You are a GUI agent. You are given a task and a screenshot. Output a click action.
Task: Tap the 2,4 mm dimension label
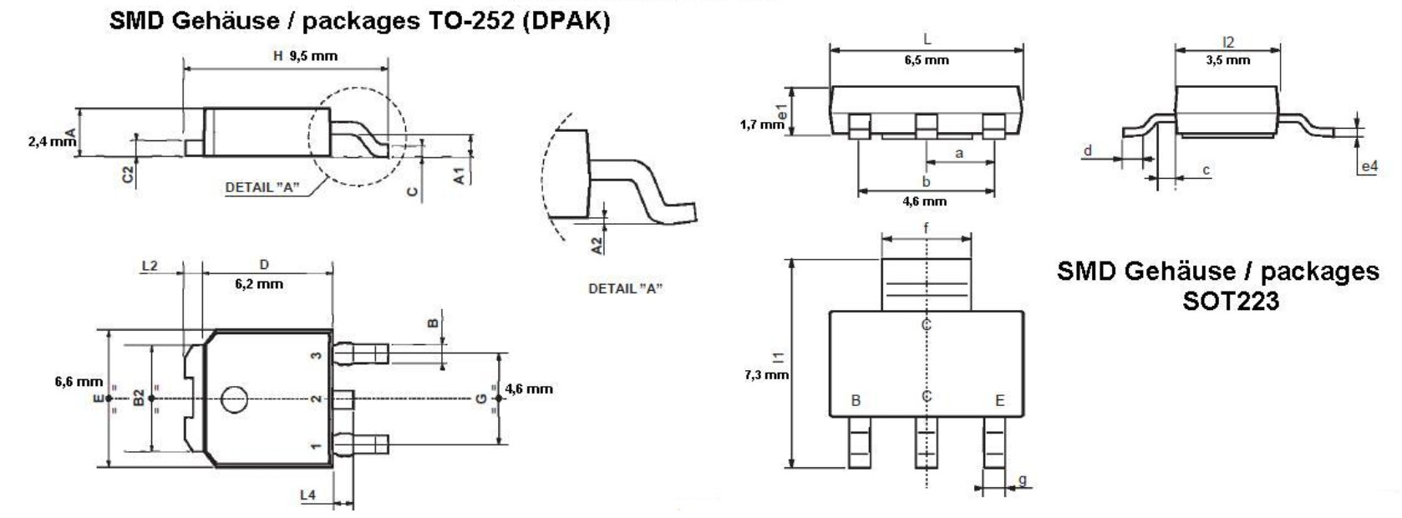(x=51, y=142)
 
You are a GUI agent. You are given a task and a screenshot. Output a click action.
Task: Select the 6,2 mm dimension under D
(x=259, y=284)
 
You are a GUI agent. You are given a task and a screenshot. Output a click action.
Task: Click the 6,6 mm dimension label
(x=79, y=382)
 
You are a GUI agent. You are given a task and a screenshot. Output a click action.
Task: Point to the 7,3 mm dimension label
(x=765, y=375)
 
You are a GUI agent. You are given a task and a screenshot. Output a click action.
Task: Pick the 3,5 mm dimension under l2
(x=1227, y=60)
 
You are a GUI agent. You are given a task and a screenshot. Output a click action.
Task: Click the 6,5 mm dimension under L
(x=927, y=60)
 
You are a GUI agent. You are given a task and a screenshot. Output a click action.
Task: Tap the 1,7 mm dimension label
(x=761, y=124)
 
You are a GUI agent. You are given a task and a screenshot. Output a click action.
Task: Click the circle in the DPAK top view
(x=234, y=399)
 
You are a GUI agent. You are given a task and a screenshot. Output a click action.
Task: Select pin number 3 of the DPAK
(x=316, y=355)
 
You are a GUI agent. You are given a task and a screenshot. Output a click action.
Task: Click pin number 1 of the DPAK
(x=316, y=446)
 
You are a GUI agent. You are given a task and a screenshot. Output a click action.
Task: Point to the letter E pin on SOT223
(x=999, y=401)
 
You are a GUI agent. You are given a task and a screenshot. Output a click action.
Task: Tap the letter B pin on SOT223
(x=856, y=401)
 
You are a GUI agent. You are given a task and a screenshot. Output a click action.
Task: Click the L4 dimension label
(x=307, y=495)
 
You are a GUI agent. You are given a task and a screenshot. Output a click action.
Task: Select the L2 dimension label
(x=150, y=267)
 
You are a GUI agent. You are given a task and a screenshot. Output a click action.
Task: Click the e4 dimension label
(x=1369, y=167)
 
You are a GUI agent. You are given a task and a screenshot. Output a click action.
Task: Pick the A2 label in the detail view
(x=597, y=246)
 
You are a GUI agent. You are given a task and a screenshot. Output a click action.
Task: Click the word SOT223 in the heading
(x=1230, y=301)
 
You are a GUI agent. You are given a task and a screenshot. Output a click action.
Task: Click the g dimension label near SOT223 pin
(x=1023, y=480)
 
